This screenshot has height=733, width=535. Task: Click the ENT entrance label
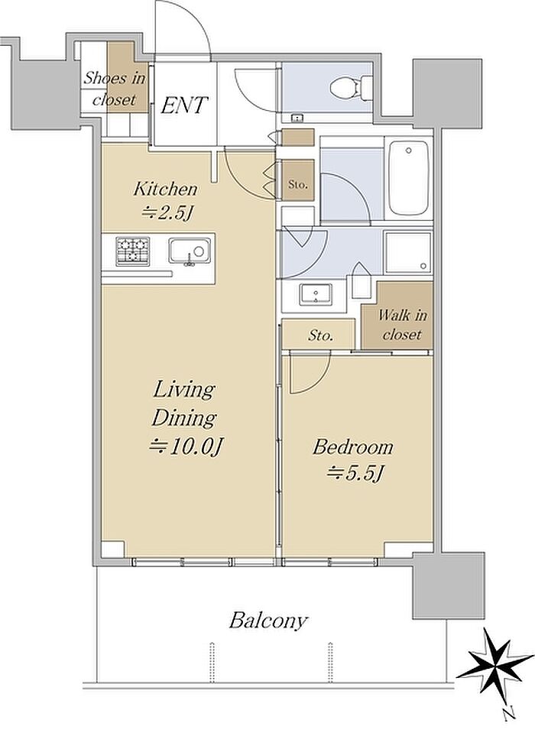183,105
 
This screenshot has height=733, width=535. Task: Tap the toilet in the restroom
352,87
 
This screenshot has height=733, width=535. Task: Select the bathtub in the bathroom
409,177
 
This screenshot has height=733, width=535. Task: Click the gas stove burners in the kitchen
133,251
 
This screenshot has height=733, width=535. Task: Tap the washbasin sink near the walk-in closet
316,294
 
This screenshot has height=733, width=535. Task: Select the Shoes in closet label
115,89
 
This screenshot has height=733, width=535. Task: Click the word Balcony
268,621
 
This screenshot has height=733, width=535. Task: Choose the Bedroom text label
353,447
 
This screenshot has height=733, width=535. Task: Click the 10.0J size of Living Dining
186,448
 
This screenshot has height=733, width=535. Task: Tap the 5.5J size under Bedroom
355,475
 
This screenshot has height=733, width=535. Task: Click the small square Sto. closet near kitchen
298,180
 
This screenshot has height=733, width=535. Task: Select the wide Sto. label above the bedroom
321,336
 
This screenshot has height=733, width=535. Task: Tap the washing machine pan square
407,252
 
